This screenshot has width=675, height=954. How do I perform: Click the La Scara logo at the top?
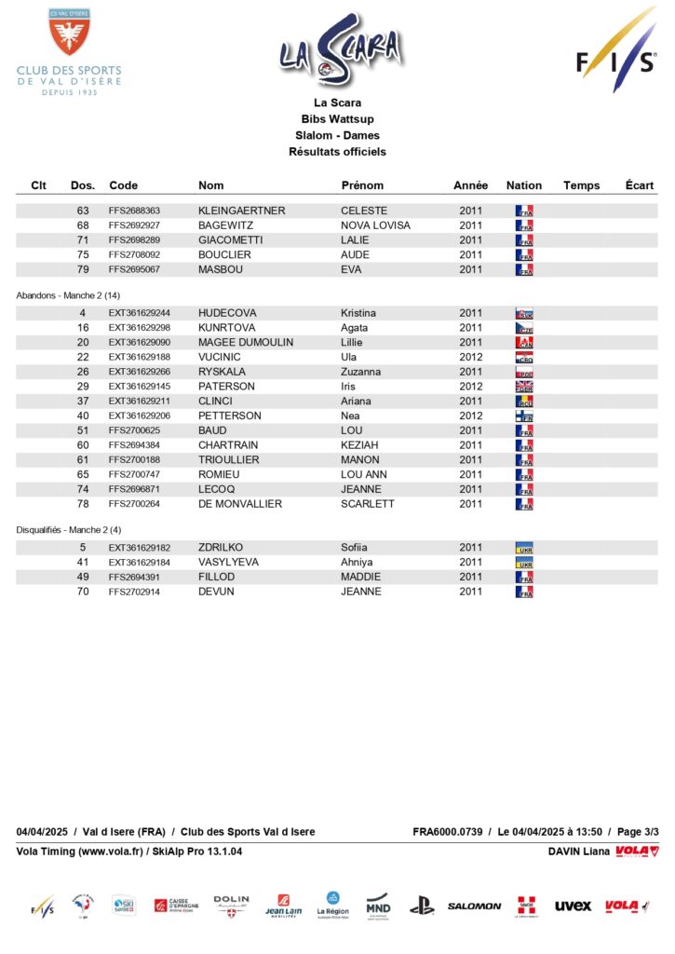tap(341, 50)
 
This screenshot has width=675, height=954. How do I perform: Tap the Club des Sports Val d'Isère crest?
tap(69, 34)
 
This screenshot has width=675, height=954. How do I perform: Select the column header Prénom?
tap(362, 185)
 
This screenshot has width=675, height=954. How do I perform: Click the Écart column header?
tap(640, 185)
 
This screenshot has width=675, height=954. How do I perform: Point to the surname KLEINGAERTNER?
tap(241, 211)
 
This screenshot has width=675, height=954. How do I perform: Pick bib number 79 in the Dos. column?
tap(83, 270)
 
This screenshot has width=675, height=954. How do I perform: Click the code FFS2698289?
tap(134, 240)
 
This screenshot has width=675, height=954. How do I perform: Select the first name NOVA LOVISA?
tap(375, 225)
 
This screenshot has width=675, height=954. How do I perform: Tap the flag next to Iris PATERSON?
tap(524, 387)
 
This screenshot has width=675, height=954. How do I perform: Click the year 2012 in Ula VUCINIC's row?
tap(471, 357)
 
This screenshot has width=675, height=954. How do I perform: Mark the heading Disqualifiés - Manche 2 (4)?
tap(68, 529)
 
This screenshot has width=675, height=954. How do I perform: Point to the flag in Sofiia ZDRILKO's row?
tap(524, 548)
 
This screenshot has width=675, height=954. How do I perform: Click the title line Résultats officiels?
tap(337, 152)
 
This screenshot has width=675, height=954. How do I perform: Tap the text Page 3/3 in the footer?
tap(639, 832)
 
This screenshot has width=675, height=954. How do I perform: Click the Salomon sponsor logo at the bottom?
tap(474, 906)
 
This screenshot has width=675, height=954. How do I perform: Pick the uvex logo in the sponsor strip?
tap(573, 906)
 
